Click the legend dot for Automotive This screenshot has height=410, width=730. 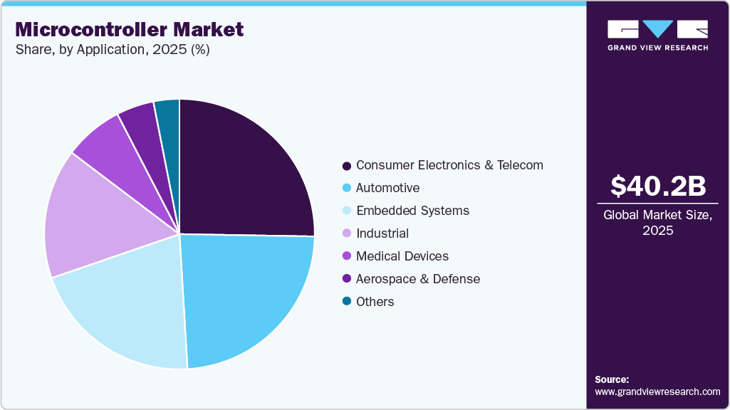coord(346,188)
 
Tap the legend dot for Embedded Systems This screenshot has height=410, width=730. coord(346,211)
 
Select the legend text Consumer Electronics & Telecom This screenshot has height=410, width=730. coord(449,165)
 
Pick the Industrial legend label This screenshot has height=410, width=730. coord(382,233)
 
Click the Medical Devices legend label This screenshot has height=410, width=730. coord(402,256)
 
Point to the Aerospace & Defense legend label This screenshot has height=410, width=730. coord(418,279)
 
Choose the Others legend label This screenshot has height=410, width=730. coord(375,302)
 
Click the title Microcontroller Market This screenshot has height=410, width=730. coord(130,30)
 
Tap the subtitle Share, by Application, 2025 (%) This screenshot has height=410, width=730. coord(113,50)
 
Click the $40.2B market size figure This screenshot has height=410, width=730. coord(657,186)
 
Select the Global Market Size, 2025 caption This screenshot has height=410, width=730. coord(657,223)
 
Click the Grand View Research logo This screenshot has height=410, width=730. coord(657,35)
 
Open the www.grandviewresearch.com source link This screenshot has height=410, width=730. coord(657,391)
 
